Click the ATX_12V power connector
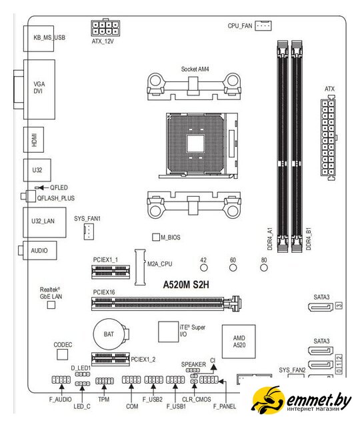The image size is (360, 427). click(x=105, y=28)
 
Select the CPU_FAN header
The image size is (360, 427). click(x=263, y=26)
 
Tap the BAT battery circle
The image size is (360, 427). click(x=109, y=334)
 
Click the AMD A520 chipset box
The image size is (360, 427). click(x=239, y=342)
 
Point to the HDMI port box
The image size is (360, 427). click(x=33, y=139)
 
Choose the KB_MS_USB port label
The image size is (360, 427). click(x=49, y=37)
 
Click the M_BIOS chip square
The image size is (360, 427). click(x=156, y=237)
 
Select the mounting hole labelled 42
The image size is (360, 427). click(x=204, y=268)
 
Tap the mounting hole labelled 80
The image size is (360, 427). click(x=264, y=268)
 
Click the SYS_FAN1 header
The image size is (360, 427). click(x=89, y=232)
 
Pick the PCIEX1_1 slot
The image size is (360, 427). click(x=111, y=272)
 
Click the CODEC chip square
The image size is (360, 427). click(x=62, y=354)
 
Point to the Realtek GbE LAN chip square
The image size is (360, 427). click(x=51, y=305)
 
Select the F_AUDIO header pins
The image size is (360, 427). click(x=61, y=380)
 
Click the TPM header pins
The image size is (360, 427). click(x=105, y=381)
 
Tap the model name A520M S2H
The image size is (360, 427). click(x=186, y=285)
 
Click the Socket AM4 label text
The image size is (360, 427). click(x=195, y=69)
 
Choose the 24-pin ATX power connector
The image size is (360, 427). click(x=328, y=138)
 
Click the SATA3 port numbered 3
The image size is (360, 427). click(x=321, y=307)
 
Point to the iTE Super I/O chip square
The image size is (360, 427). click(x=169, y=332)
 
